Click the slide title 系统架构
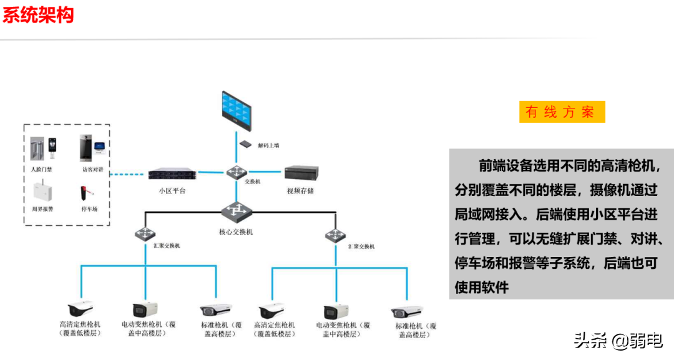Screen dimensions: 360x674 (x=38, y=14)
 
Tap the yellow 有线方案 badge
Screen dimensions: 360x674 (x=562, y=112)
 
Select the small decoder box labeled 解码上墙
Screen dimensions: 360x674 (x=246, y=144)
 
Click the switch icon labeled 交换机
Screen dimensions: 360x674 (x=237, y=172)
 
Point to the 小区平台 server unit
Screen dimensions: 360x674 (x=172, y=174)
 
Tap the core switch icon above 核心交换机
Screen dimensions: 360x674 (x=237, y=212)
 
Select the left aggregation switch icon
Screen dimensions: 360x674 (x=144, y=235)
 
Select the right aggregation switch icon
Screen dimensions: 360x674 (x=335, y=236)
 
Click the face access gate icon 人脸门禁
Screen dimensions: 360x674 (x=43, y=150)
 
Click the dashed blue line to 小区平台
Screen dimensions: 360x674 (x=128, y=174)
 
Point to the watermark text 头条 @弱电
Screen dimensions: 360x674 (x=618, y=341)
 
